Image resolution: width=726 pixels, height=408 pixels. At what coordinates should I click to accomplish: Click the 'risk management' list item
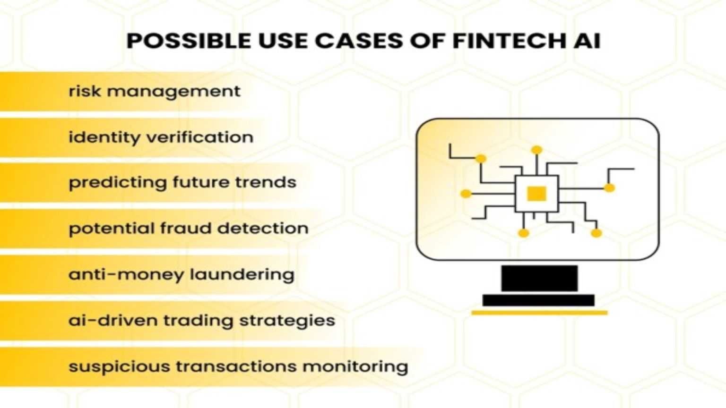coord(155,91)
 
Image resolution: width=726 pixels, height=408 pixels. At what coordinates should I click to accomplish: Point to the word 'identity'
coord(104,137)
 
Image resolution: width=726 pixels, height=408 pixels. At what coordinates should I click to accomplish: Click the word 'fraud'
coord(185,229)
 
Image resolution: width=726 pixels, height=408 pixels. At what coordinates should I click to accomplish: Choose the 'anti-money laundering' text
coord(181,274)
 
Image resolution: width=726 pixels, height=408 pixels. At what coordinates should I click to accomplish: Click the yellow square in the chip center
coord(536,194)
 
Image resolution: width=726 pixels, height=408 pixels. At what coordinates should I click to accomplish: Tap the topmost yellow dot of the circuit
coord(536,150)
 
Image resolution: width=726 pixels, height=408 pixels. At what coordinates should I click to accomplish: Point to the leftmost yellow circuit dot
coord(466,194)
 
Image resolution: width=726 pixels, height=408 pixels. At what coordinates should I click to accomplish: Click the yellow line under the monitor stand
coord(539,313)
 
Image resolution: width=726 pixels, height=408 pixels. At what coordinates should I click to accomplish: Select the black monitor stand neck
coord(539,278)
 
